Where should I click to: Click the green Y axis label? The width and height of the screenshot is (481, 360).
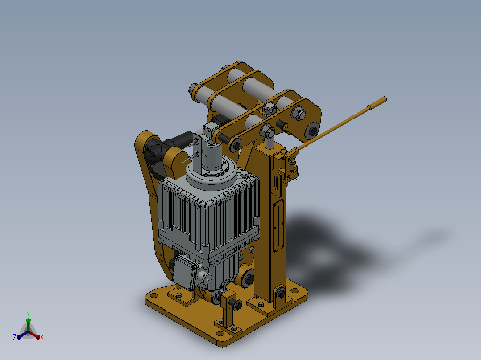(x=28, y=313)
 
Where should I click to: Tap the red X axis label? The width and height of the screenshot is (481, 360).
(x=42, y=337)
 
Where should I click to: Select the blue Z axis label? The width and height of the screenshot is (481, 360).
(x=14, y=337)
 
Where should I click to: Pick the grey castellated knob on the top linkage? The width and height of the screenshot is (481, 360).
(x=270, y=107)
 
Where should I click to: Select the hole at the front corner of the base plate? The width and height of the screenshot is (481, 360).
(x=220, y=334)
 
